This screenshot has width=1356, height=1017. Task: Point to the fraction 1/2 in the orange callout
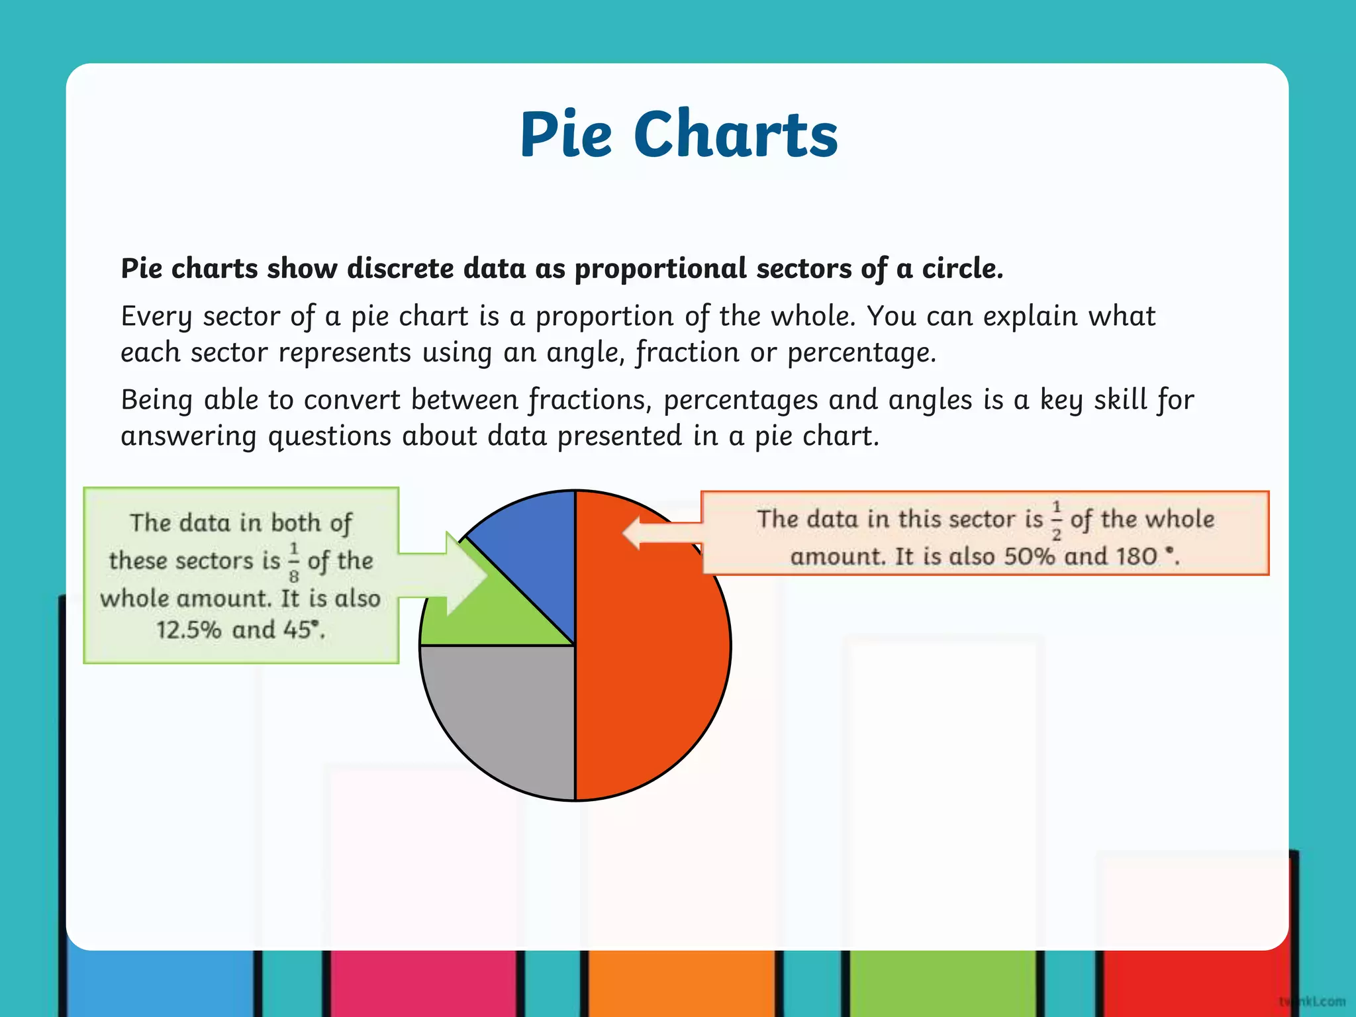point(1056,520)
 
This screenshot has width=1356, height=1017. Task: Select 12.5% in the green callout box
point(189,630)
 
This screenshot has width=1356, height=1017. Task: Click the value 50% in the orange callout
point(1029,556)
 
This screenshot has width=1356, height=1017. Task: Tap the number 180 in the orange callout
point(1136,556)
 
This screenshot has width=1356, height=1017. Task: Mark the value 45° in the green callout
point(301,629)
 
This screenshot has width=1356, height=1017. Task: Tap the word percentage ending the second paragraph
point(861,353)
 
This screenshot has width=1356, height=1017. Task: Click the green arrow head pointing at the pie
point(467,574)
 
